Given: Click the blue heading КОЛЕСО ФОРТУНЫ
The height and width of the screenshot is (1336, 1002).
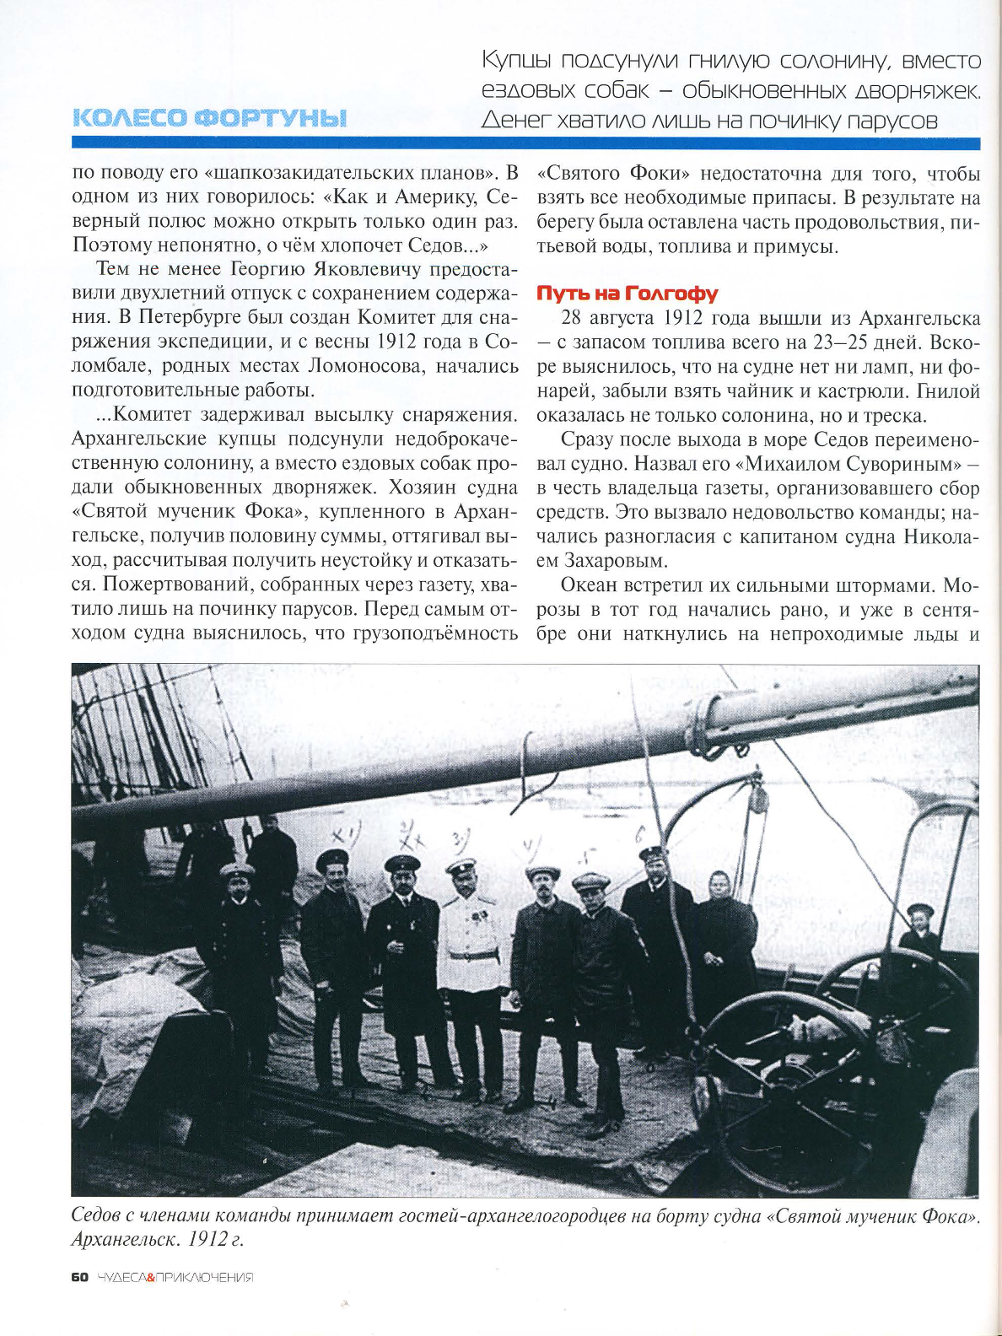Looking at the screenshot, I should tap(210, 118).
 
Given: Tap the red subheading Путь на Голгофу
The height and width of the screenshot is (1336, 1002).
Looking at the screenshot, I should tap(627, 294).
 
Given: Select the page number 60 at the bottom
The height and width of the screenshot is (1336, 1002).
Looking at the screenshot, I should tap(79, 1277).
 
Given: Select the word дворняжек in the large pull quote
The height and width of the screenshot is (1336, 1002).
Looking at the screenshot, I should tap(918, 90).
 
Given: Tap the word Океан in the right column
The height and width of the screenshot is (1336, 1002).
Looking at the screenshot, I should tap(589, 585).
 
